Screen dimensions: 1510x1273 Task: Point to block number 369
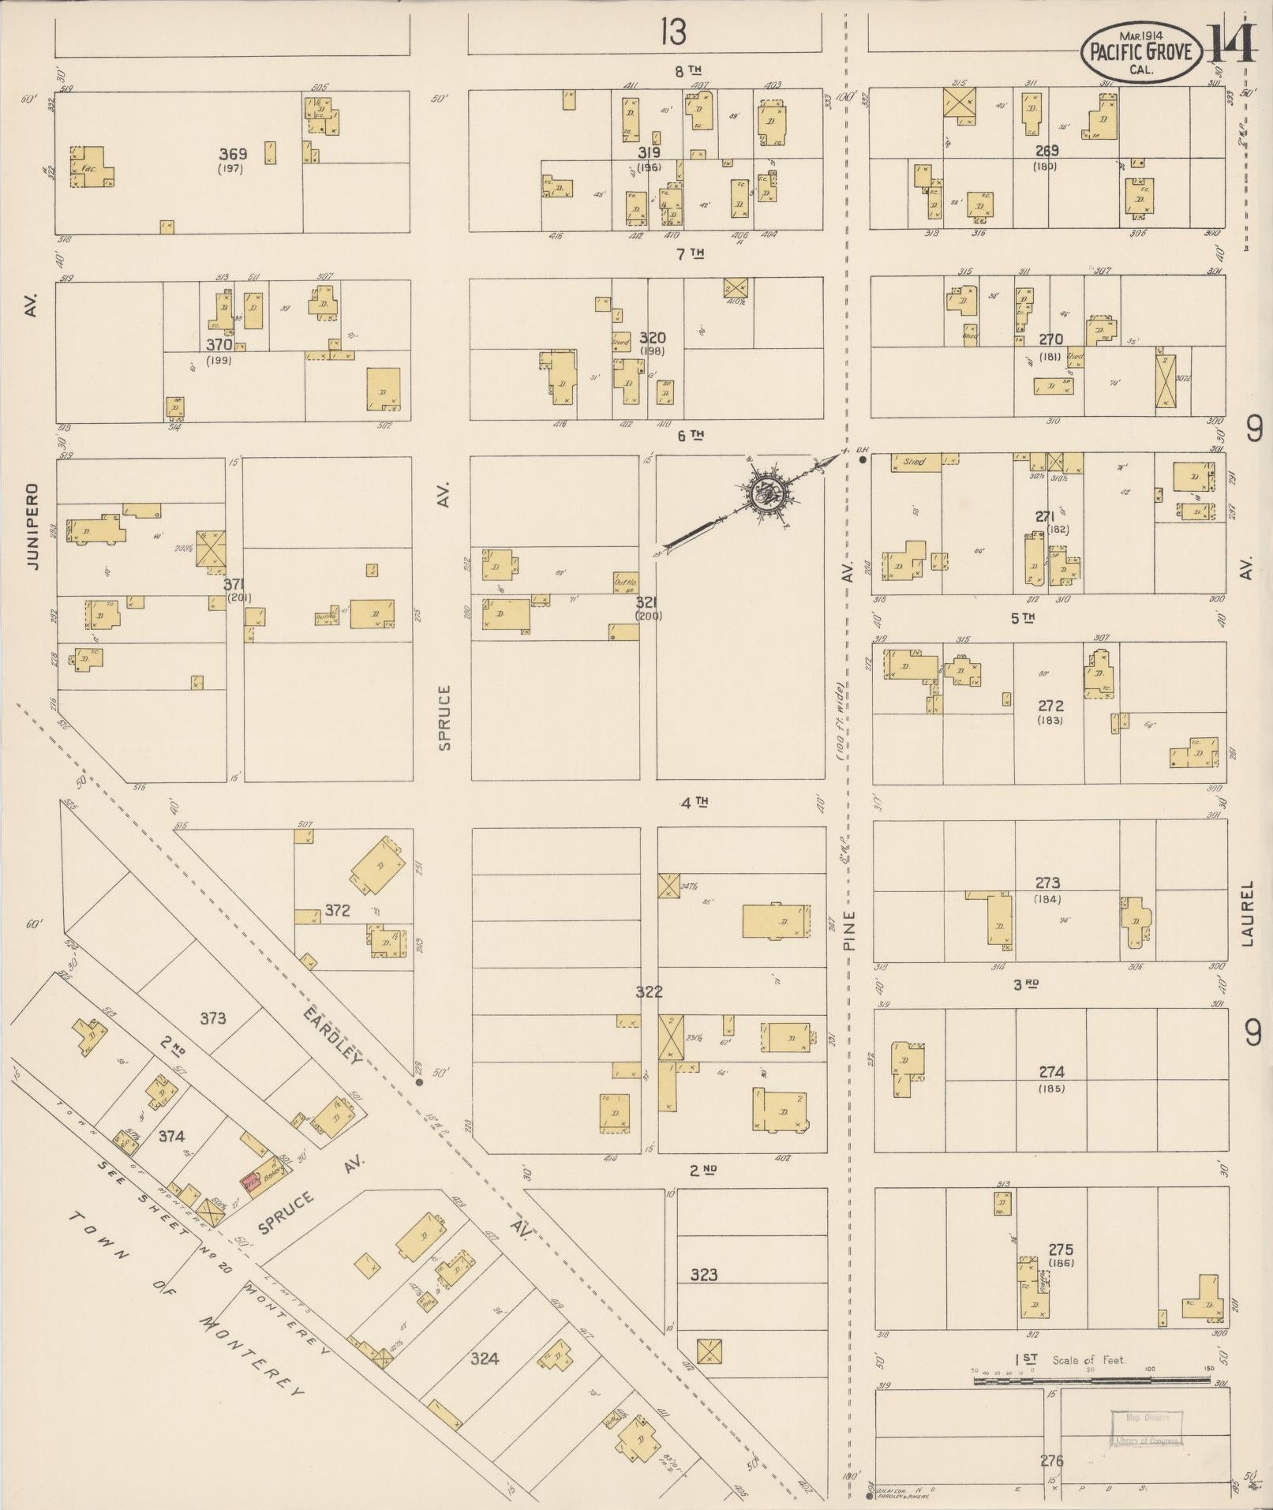[x=233, y=155]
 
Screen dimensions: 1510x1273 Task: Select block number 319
[x=650, y=152]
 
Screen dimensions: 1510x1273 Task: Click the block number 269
[x=1046, y=151]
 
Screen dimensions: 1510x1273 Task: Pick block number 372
[x=337, y=910]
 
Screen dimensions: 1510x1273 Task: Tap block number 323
[x=703, y=1274]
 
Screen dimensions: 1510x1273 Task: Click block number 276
[x=1051, y=1460]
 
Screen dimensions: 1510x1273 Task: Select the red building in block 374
[x=251, y=1186]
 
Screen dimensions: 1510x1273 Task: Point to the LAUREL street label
[x=1246, y=912]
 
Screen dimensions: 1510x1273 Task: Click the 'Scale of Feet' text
[x=1088, y=1360]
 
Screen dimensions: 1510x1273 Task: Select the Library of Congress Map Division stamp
[x=1147, y=1429]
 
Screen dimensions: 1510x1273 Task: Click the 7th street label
[x=688, y=253]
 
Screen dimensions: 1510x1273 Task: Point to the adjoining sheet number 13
[x=673, y=32]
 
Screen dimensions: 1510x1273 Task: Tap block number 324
[x=484, y=1358]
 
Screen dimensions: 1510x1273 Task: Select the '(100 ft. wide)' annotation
[x=841, y=720]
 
